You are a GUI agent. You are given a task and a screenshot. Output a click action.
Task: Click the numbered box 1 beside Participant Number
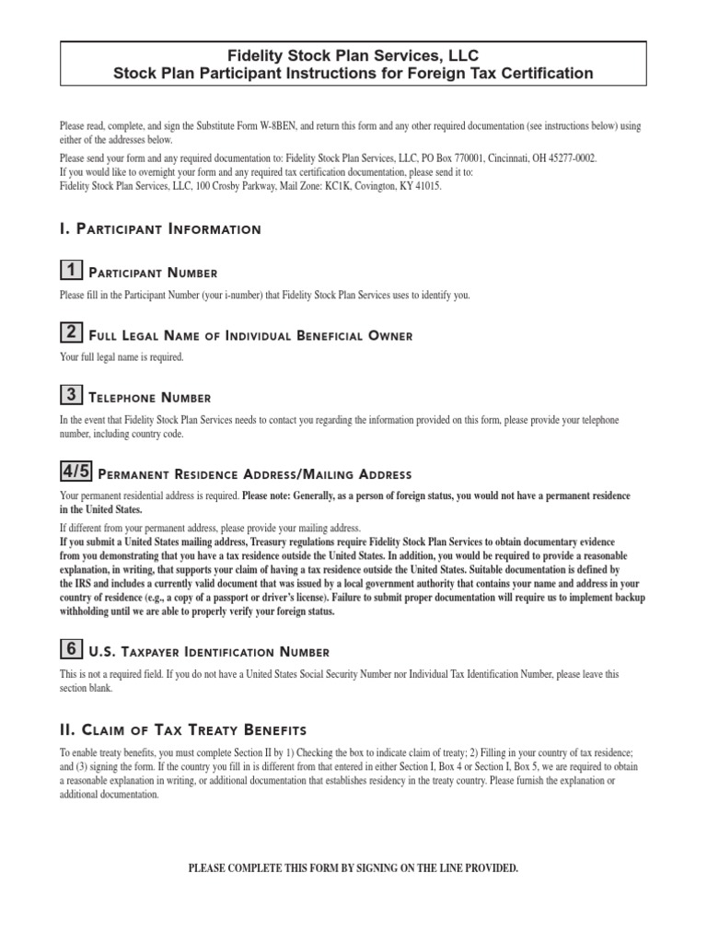point(69,270)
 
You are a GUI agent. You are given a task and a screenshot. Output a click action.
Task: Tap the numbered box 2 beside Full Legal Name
point(69,332)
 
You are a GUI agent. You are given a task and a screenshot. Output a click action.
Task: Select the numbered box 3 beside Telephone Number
point(69,395)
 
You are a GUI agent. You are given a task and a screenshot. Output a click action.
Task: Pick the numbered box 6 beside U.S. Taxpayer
point(69,649)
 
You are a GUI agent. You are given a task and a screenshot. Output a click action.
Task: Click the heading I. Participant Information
point(159,228)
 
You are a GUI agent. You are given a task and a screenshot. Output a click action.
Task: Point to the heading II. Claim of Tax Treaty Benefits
point(182,730)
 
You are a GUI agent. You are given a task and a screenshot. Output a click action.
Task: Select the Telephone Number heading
point(149,398)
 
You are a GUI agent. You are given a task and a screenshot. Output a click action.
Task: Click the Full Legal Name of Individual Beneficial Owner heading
point(249,335)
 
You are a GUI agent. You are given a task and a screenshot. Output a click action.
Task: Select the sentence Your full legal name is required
point(122,356)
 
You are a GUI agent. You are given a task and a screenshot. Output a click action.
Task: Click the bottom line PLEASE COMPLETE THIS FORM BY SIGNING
point(353,868)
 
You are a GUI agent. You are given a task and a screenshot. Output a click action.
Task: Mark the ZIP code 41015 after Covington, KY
point(428,185)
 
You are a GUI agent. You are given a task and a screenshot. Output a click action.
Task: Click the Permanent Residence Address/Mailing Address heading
point(253,475)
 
